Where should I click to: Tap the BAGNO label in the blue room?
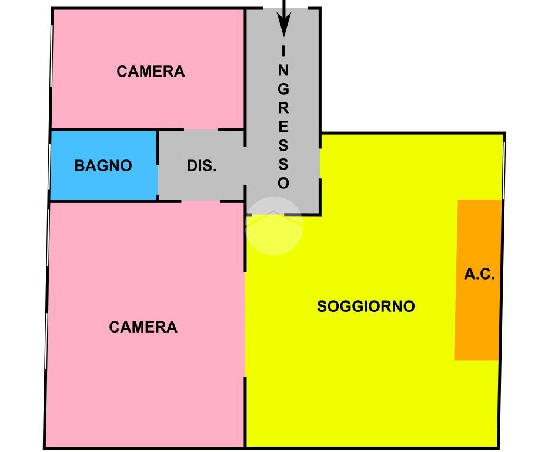103,166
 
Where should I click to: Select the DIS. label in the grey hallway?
202,166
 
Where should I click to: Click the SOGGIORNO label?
366,307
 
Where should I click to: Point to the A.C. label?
480,274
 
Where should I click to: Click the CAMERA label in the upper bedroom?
151,72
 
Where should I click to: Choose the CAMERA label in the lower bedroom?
143,327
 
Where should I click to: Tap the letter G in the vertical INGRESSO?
283,89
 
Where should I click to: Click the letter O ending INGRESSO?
283,183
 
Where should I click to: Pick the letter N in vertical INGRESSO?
283,71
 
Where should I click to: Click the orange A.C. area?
477,318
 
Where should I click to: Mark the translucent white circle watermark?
274,226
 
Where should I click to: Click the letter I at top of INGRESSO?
283,52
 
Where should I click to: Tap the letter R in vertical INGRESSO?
283,108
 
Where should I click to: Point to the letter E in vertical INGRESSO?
283,127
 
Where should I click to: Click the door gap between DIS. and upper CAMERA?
201,129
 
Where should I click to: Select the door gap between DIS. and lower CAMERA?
201,201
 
